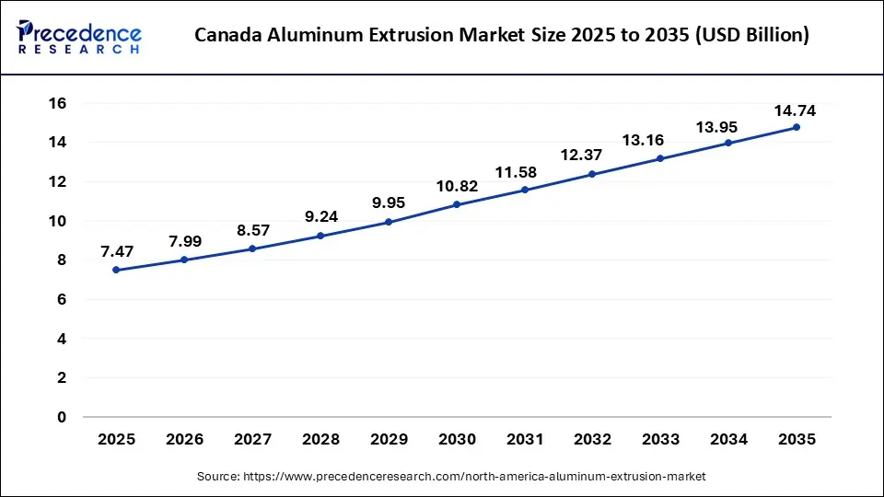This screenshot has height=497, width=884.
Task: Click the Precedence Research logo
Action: pos(79,36)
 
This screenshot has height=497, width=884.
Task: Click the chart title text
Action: pos(503,36)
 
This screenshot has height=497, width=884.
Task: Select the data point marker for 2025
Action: pos(116,270)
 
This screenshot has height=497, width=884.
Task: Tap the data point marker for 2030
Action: pos(457,204)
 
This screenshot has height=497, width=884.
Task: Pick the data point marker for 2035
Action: pos(797,127)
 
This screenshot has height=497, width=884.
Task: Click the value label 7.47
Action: pos(116,249)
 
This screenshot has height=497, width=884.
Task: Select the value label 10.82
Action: pos(457,185)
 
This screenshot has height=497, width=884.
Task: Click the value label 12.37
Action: pos(593,155)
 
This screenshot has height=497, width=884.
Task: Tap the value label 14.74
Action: pos(796,110)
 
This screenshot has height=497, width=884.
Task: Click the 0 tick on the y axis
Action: pos(62,417)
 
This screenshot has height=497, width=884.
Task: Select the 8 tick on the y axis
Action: pos(62,260)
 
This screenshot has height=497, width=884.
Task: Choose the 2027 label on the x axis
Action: pos(252,440)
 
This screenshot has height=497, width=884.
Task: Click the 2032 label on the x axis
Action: pos(592,440)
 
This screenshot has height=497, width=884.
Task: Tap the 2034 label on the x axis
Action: pos(728,440)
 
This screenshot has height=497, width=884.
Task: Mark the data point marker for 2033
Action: pos(660,158)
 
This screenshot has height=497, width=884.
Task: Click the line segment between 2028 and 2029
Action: pos(355,228)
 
